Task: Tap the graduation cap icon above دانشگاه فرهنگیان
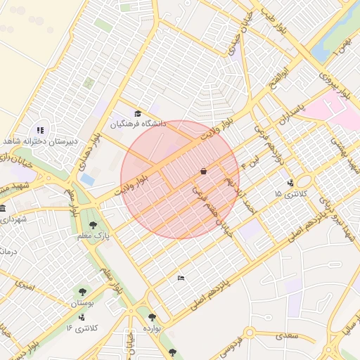click(138, 114)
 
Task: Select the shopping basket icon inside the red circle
click(203, 171)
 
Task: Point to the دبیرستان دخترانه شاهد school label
click(40, 141)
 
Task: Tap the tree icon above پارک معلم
click(93, 225)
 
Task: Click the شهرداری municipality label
click(14, 219)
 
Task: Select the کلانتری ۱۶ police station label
click(84, 328)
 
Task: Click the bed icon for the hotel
click(181, 278)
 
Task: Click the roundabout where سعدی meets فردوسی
click(249, 332)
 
